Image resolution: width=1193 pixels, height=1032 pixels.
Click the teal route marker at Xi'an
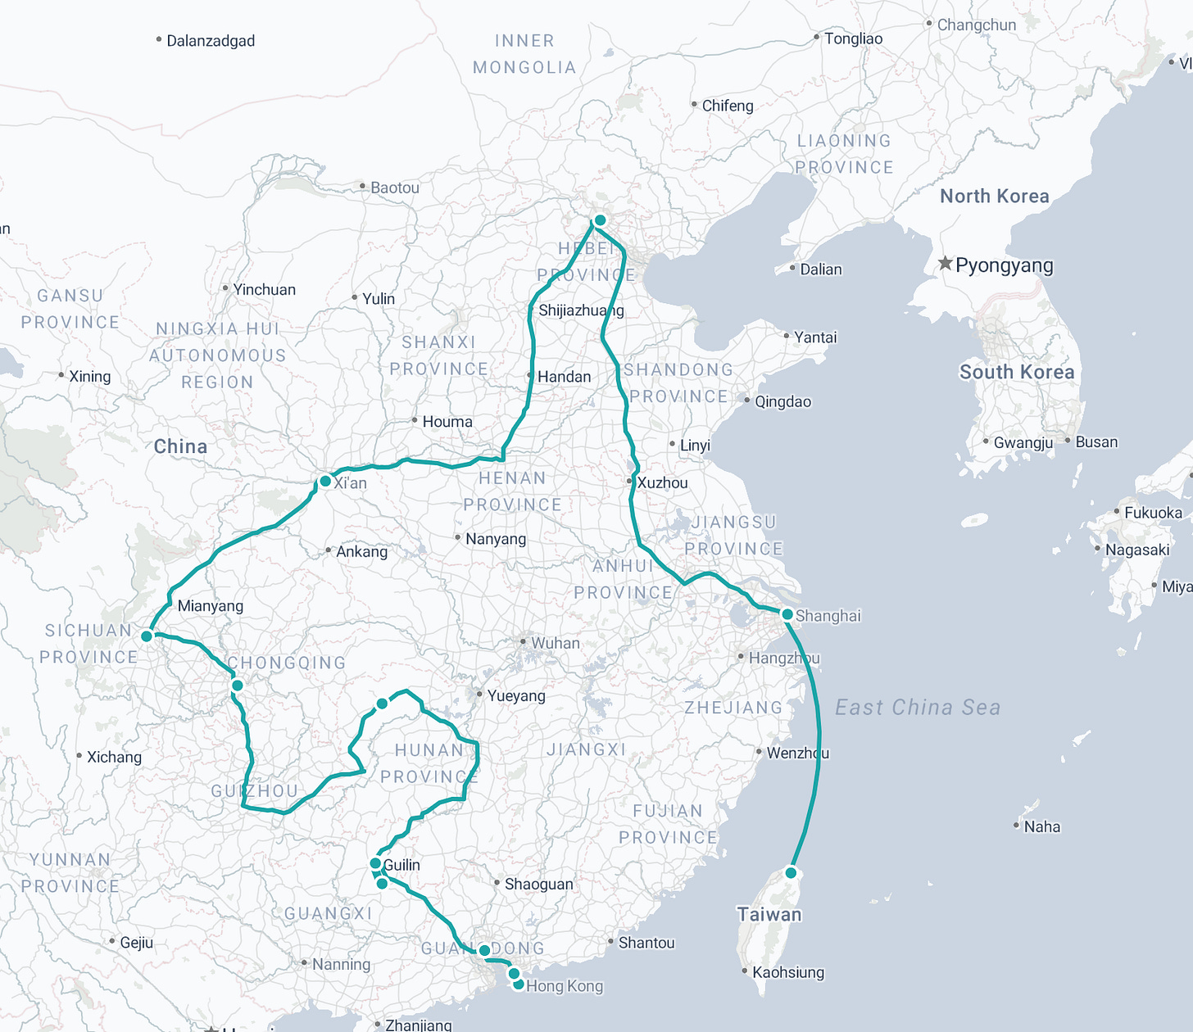pyautogui.click(x=325, y=481)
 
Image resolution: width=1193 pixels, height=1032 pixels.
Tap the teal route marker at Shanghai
pyautogui.click(x=787, y=614)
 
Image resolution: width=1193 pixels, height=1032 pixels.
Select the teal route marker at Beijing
pyautogui.click(x=600, y=220)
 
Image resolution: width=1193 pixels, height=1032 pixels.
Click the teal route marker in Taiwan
pyautogui.click(x=792, y=873)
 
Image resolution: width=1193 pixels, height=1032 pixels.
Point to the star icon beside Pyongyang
pyautogui.click(x=945, y=264)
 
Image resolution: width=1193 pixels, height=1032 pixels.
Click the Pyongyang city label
pyautogui.click(x=1004, y=265)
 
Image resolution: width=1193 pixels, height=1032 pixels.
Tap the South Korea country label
pyautogui.click(x=1016, y=372)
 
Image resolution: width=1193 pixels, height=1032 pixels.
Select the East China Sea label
pyautogui.click(x=918, y=707)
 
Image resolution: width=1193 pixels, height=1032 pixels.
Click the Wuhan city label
pyautogui.click(x=555, y=643)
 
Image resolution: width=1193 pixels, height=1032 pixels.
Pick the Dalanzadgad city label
pyautogui.click(x=211, y=41)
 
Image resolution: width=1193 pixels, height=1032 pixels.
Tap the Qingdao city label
pyautogui.click(x=782, y=401)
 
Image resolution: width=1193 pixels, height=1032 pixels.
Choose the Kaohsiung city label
pyautogui.click(x=787, y=972)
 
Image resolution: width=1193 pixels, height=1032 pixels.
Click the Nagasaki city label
pyautogui.click(x=1137, y=550)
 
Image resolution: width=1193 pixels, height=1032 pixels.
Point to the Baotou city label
pyautogui.click(x=394, y=188)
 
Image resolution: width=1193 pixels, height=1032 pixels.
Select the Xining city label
pyautogui.click(x=89, y=376)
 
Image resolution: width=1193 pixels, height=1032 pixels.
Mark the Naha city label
pyautogui.click(x=1041, y=826)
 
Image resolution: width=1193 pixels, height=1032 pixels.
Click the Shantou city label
pyautogui.click(x=646, y=943)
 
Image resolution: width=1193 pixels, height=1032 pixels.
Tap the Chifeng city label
pyautogui.click(x=727, y=106)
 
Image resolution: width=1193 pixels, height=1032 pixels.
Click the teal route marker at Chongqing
pyautogui.click(x=237, y=686)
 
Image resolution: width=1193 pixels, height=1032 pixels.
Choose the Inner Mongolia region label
pyautogui.click(x=524, y=54)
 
